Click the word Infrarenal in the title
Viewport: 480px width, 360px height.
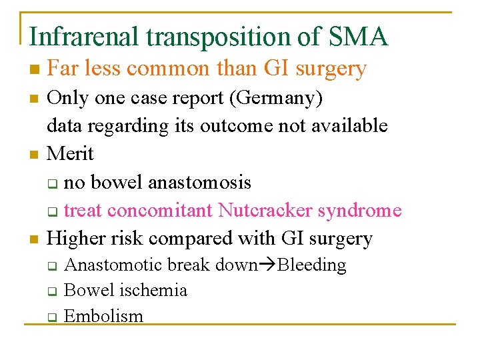[x=85, y=37]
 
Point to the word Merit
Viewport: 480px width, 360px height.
[x=71, y=154]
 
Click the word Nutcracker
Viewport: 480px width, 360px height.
[x=263, y=211]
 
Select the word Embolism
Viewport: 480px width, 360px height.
[x=103, y=316]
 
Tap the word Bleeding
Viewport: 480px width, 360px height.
[x=312, y=265]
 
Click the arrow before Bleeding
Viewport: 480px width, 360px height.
[x=268, y=265]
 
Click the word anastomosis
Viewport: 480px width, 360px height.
[x=201, y=182]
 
